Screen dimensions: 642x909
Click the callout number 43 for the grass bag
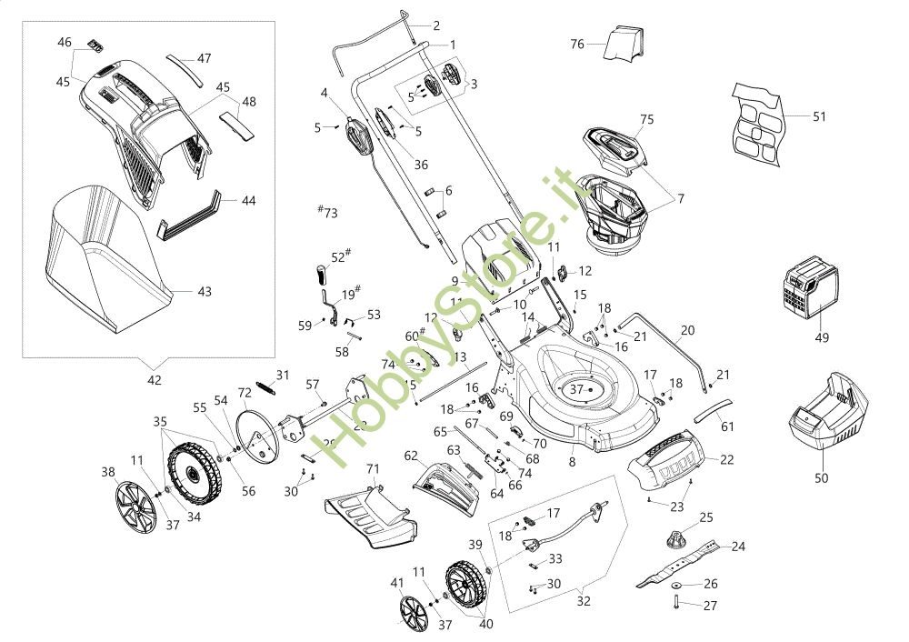tap(205, 292)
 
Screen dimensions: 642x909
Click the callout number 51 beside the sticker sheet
tap(819, 116)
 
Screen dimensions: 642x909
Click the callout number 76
tap(577, 44)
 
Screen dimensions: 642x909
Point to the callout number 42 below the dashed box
tap(155, 380)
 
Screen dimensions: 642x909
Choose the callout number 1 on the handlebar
tap(453, 45)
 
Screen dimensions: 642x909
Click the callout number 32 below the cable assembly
tap(584, 601)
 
